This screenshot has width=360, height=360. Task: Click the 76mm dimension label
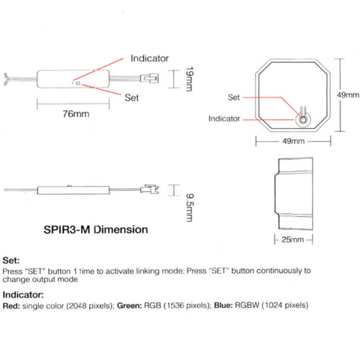pos(76,114)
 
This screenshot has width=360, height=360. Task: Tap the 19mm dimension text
pos(190,79)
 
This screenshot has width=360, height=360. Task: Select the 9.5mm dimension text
pos(190,208)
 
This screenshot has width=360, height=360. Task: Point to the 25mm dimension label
pos(292,239)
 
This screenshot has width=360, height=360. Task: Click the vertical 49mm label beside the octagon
pos(348,95)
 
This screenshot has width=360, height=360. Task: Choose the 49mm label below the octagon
pos(293,141)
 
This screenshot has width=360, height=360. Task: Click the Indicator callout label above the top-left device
pos(149,58)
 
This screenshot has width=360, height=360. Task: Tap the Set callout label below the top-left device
pos(131,97)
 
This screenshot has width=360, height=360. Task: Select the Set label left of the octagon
pos(234,97)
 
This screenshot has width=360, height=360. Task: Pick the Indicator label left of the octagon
pos(224,118)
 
